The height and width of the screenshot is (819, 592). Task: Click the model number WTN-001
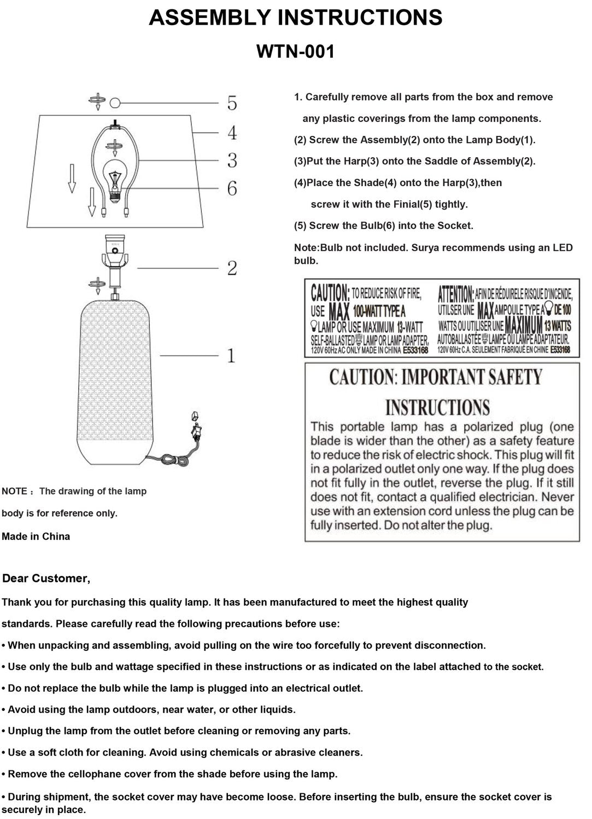295,52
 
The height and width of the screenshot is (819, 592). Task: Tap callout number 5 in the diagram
232,103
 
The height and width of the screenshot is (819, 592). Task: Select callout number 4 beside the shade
232,133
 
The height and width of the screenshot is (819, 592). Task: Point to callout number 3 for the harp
232,161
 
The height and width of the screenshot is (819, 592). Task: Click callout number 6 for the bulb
232,189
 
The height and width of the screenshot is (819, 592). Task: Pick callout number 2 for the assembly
232,268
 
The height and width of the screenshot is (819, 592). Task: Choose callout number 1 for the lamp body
231,356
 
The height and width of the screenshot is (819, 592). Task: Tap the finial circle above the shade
115,102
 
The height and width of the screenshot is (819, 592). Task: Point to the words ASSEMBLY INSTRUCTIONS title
295,18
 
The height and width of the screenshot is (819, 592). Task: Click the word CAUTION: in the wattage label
330,294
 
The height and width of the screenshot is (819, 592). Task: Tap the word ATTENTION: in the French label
456,294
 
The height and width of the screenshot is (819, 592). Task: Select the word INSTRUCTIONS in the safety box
437,407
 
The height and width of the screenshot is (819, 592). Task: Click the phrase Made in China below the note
36,536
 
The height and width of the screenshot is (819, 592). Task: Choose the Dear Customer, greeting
46,578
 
